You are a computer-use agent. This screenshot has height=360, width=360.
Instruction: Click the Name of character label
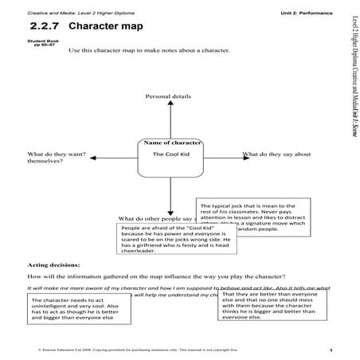coord(170,143)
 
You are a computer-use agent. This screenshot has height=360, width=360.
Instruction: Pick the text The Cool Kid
coord(170,154)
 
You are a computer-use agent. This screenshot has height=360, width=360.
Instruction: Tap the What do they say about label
coord(276,153)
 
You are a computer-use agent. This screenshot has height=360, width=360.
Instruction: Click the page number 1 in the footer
coord(330,349)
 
